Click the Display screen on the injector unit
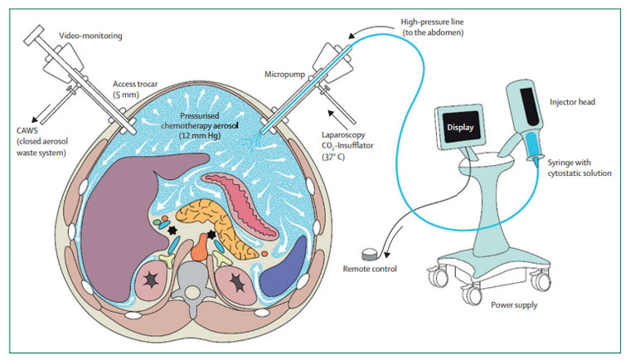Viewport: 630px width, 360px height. pyautogui.click(x=459, y=129)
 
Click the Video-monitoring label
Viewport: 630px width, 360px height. pyautogui.click(x=89, y=36)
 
